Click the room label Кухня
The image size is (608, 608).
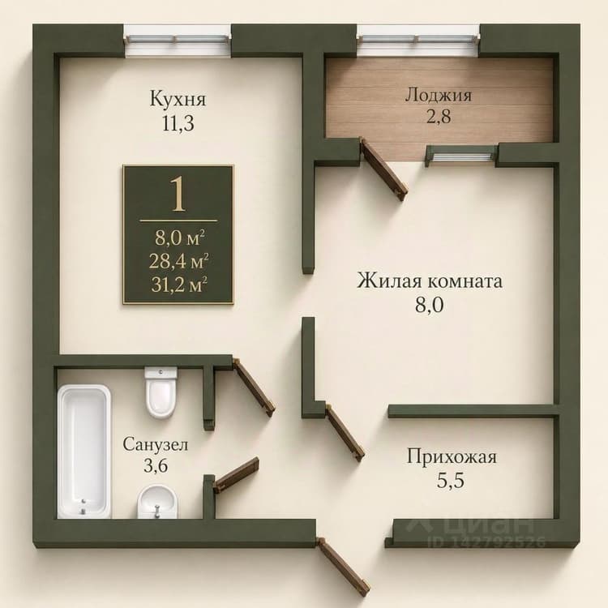coord(178,98)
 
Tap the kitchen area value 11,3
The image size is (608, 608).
coord(178,124)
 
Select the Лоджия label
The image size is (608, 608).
coord(439,95)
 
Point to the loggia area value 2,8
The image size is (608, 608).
coord(439,116)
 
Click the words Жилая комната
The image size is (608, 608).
coord(430,280)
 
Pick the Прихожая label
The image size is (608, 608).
coord(452,456)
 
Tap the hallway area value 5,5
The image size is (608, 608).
coord(451,482)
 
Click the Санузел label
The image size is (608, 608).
coord(156,444)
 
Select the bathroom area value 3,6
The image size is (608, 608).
coord(156,465)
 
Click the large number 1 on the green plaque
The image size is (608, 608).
coord(178,194)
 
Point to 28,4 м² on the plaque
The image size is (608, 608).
coord(179,261)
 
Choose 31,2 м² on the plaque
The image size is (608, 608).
coord(179,285)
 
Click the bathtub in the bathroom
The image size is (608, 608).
coord(84,452)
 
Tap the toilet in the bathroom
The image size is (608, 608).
coord(161,392)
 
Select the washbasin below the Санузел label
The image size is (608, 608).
coord(158,502)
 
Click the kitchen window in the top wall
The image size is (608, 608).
coord(178,40)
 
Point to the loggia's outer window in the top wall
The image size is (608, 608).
coord(418,40)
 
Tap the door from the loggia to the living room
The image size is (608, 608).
coord(384,169)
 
